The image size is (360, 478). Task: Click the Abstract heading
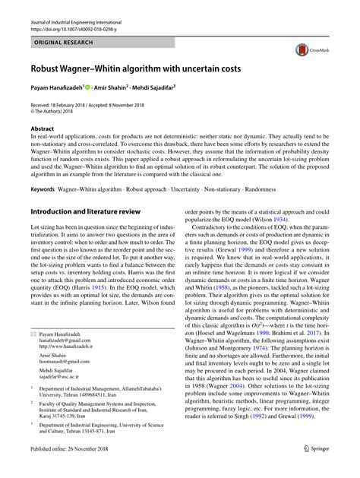click(x=42, y=129)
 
